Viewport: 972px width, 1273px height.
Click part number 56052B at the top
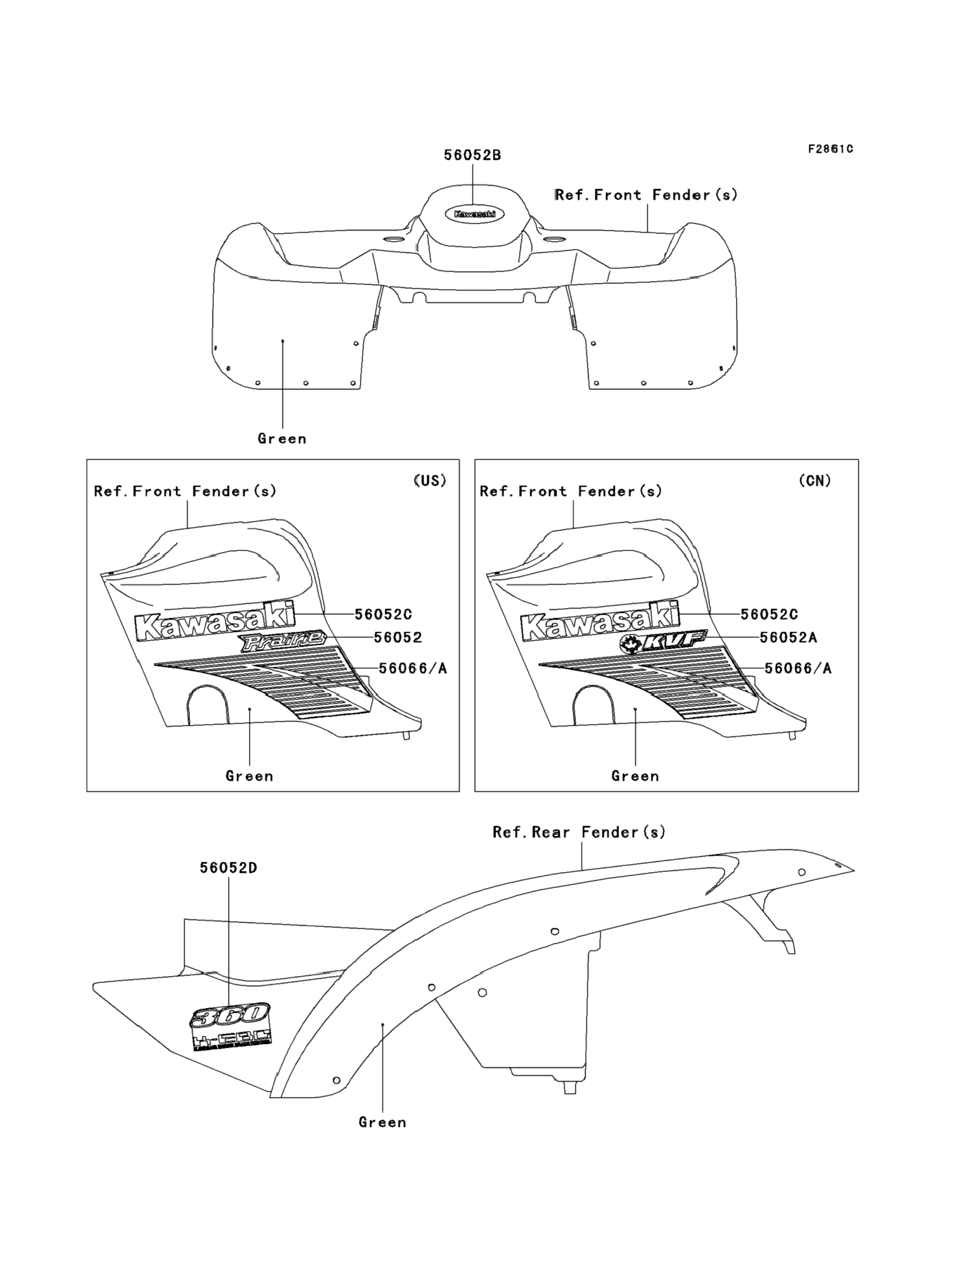[x=472, y=155]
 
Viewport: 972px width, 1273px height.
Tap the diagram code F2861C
[x=830, y=149]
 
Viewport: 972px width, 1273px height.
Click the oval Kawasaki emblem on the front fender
[x=474, y=214]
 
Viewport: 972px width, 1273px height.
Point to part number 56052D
[x=228, y=867]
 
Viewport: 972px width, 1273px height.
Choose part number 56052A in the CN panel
[x=788, y=637]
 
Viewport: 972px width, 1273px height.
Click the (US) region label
[x=430, y=480]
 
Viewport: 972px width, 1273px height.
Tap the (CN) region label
[x=815, y=480]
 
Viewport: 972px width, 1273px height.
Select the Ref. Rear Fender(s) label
[x=579, y=832]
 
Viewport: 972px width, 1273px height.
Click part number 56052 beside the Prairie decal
[x=398, y=637]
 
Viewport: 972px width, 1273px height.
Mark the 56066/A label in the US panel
[x=413, y=668]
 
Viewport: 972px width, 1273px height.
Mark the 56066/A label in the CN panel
[x=798, y=668]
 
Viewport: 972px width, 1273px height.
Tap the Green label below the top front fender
[x=282, y=439]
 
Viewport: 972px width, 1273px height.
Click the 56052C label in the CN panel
[x=769, y=614]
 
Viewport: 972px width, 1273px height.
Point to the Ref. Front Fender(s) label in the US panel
[x=185, y=492]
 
